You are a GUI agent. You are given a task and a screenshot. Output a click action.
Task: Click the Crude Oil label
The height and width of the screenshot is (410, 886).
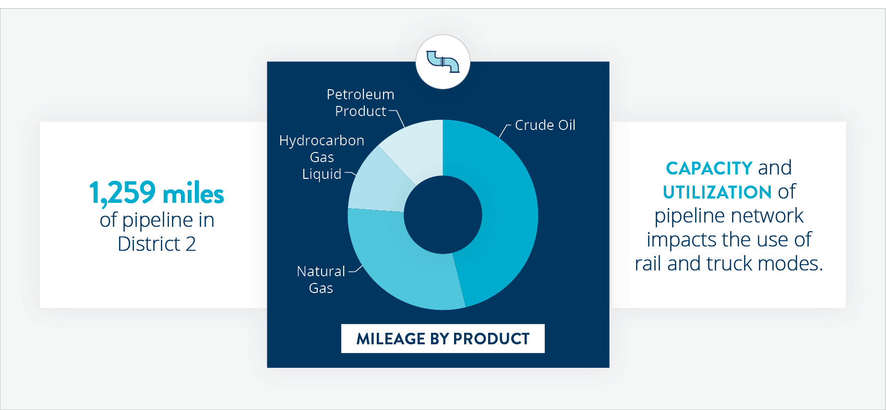point(545,125)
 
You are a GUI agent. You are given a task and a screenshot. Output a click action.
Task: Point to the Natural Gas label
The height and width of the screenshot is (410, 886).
point(321,280)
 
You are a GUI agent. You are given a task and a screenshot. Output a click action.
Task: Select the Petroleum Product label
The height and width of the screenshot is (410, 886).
point(360,103)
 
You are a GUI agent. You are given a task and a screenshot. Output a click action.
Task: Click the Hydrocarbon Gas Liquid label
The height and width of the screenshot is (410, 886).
point(322,157)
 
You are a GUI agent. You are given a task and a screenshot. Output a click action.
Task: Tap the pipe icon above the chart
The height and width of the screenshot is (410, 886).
point(443,62)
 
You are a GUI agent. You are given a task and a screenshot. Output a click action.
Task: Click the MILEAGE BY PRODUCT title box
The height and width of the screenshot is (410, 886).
point(443,339)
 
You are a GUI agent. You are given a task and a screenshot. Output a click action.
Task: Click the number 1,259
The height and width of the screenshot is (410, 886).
point(122,193)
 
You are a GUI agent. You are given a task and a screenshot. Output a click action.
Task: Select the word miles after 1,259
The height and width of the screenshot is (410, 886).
point(193,194)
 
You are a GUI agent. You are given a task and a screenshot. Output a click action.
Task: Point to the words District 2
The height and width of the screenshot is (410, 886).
point(157,244)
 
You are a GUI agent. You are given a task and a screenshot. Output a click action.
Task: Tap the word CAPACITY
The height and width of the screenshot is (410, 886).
point(709,168)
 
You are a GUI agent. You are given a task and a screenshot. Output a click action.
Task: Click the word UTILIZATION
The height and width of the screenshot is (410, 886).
point(717,192)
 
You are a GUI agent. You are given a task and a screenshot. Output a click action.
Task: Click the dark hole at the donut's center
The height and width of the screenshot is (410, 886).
point(443,215)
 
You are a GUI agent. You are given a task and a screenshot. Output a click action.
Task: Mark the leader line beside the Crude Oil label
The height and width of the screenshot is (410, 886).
point(504,130)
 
